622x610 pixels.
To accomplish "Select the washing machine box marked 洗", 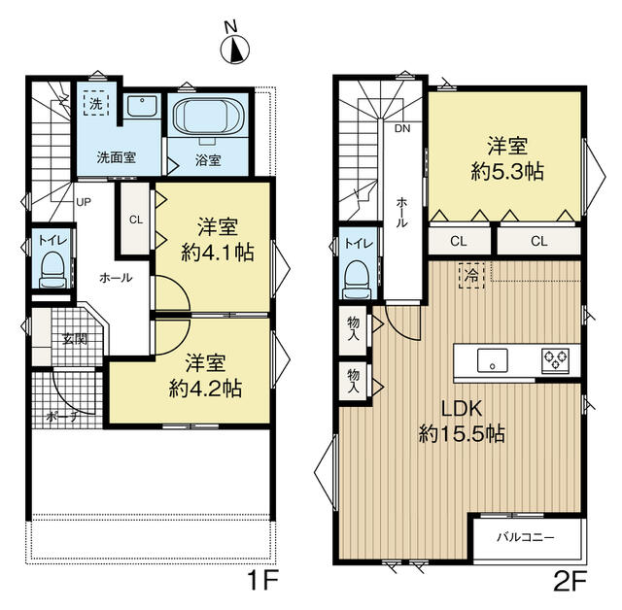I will tap(97, 102).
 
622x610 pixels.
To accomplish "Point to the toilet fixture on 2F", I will tap(359, 275).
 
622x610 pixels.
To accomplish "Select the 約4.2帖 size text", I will tap(204, 387).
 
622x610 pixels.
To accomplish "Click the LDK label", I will tap(460, 408).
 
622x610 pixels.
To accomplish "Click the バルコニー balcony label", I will tap(526, 536).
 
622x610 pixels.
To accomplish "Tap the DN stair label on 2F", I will tap(400, 127).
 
